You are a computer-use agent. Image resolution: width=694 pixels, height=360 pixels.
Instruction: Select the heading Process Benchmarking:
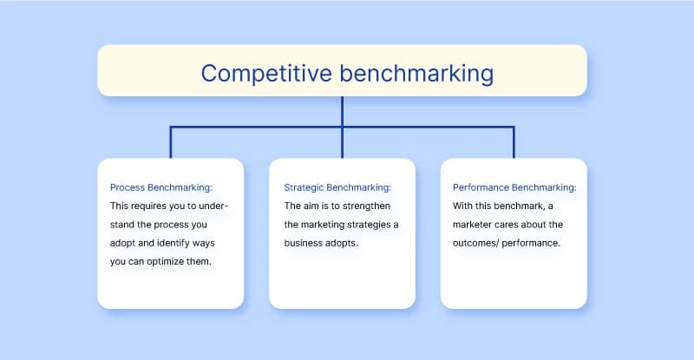pos(161,187)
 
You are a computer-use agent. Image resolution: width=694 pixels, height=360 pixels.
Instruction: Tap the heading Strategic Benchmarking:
pos(337,187)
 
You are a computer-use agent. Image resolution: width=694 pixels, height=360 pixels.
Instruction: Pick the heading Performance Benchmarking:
pos(514,187)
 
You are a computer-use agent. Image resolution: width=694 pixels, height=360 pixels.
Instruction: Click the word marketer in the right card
pos(475,225)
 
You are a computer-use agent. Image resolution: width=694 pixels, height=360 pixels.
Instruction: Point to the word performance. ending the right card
pos(535,244)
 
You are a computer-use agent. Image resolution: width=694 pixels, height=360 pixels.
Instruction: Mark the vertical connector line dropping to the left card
pos(170,142)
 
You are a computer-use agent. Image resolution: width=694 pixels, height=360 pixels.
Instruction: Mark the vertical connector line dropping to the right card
pos(514,142)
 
